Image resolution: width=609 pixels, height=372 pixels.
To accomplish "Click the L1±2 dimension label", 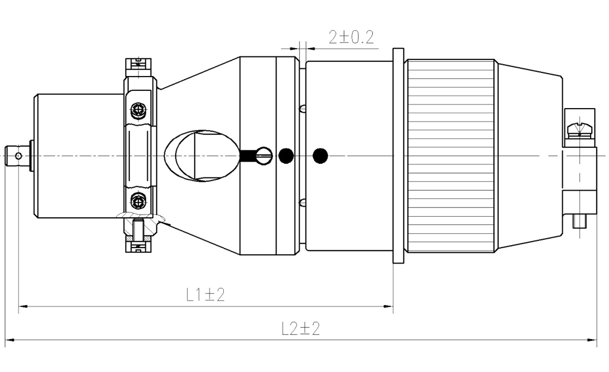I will click(x=206, y=294).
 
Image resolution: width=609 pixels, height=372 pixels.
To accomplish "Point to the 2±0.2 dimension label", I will click(x=351, y=37).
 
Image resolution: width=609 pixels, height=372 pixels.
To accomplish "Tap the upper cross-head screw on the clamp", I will click(x=138, y=111).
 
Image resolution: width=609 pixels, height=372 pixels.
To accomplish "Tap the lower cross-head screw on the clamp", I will click(x=138, y=200).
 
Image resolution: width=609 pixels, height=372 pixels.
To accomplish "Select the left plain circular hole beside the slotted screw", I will click(x=286, y=155).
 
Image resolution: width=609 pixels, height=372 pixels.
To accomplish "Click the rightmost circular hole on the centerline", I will click(x=320, y=155).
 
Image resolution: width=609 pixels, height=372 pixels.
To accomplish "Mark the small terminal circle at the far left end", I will click(x=19, y=155).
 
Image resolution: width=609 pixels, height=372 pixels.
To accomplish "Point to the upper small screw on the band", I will click(x=303, y=108).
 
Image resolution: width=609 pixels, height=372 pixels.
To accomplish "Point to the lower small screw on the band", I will click(x=303, y=202).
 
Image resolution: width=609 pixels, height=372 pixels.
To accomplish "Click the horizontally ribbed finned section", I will click(x=451, y=155).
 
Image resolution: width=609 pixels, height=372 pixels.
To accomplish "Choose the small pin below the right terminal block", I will click(x=580, y=221).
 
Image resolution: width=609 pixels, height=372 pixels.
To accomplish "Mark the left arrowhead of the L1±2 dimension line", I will click(x=21, y=307).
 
